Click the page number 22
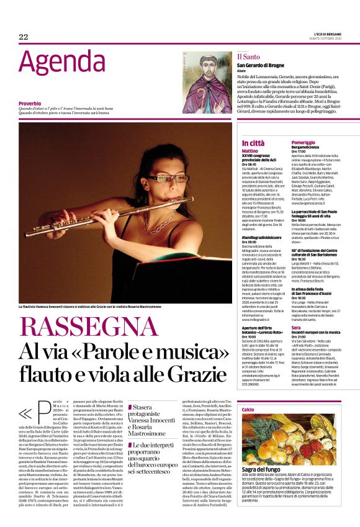(x=24, y=37)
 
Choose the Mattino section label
(x=250, y=151)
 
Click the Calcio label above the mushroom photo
(x=248, y=410)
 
